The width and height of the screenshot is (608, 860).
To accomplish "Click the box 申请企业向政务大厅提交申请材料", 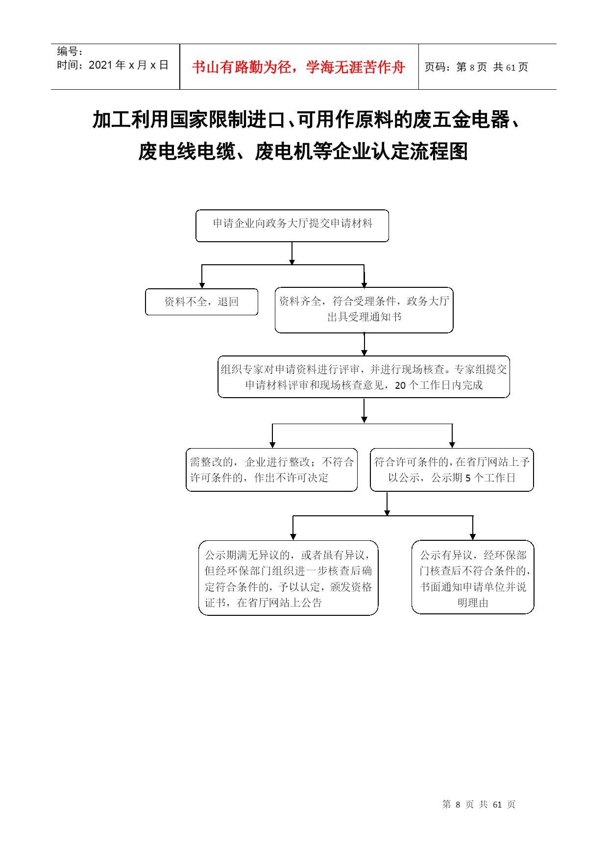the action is (x=292, y=226).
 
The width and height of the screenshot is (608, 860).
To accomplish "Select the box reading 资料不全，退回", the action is (x=201, y=302).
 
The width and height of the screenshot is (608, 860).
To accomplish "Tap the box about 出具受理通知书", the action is (x=364, y=310).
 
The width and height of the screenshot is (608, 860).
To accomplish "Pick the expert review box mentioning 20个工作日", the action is (x=364, y=377).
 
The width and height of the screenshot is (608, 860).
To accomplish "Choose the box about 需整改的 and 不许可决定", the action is (x=271, y=470).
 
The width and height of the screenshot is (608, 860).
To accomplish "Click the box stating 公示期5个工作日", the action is (x=452, y=470).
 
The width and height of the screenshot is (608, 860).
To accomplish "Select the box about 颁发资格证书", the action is (x=288, y=578).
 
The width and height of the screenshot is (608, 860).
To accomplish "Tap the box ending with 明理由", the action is (x=473, y=577).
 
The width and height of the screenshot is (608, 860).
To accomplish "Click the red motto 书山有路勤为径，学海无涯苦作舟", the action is (x=298, y=67).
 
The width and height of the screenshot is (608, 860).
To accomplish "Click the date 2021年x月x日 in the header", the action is (x=128, y=65).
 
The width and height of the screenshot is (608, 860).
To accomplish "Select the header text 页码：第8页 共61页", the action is (x=476, y=67).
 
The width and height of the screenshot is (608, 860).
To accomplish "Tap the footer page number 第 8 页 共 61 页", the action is (x=479, y=804).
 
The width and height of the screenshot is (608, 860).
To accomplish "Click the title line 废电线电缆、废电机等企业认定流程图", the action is (x=303, y=151).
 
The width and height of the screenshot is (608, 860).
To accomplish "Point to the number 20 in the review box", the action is (x=400, y=385).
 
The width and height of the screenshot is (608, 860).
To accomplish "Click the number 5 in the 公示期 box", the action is (x=468, y=478).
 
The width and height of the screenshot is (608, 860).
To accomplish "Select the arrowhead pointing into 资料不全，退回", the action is (x=202, y=285).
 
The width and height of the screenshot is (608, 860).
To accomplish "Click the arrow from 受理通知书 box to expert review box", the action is (x=364, y=344).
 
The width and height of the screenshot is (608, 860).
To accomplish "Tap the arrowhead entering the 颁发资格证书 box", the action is (x=293, y=537).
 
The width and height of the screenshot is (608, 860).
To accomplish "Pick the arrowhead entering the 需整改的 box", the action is (x=272, y=445).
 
